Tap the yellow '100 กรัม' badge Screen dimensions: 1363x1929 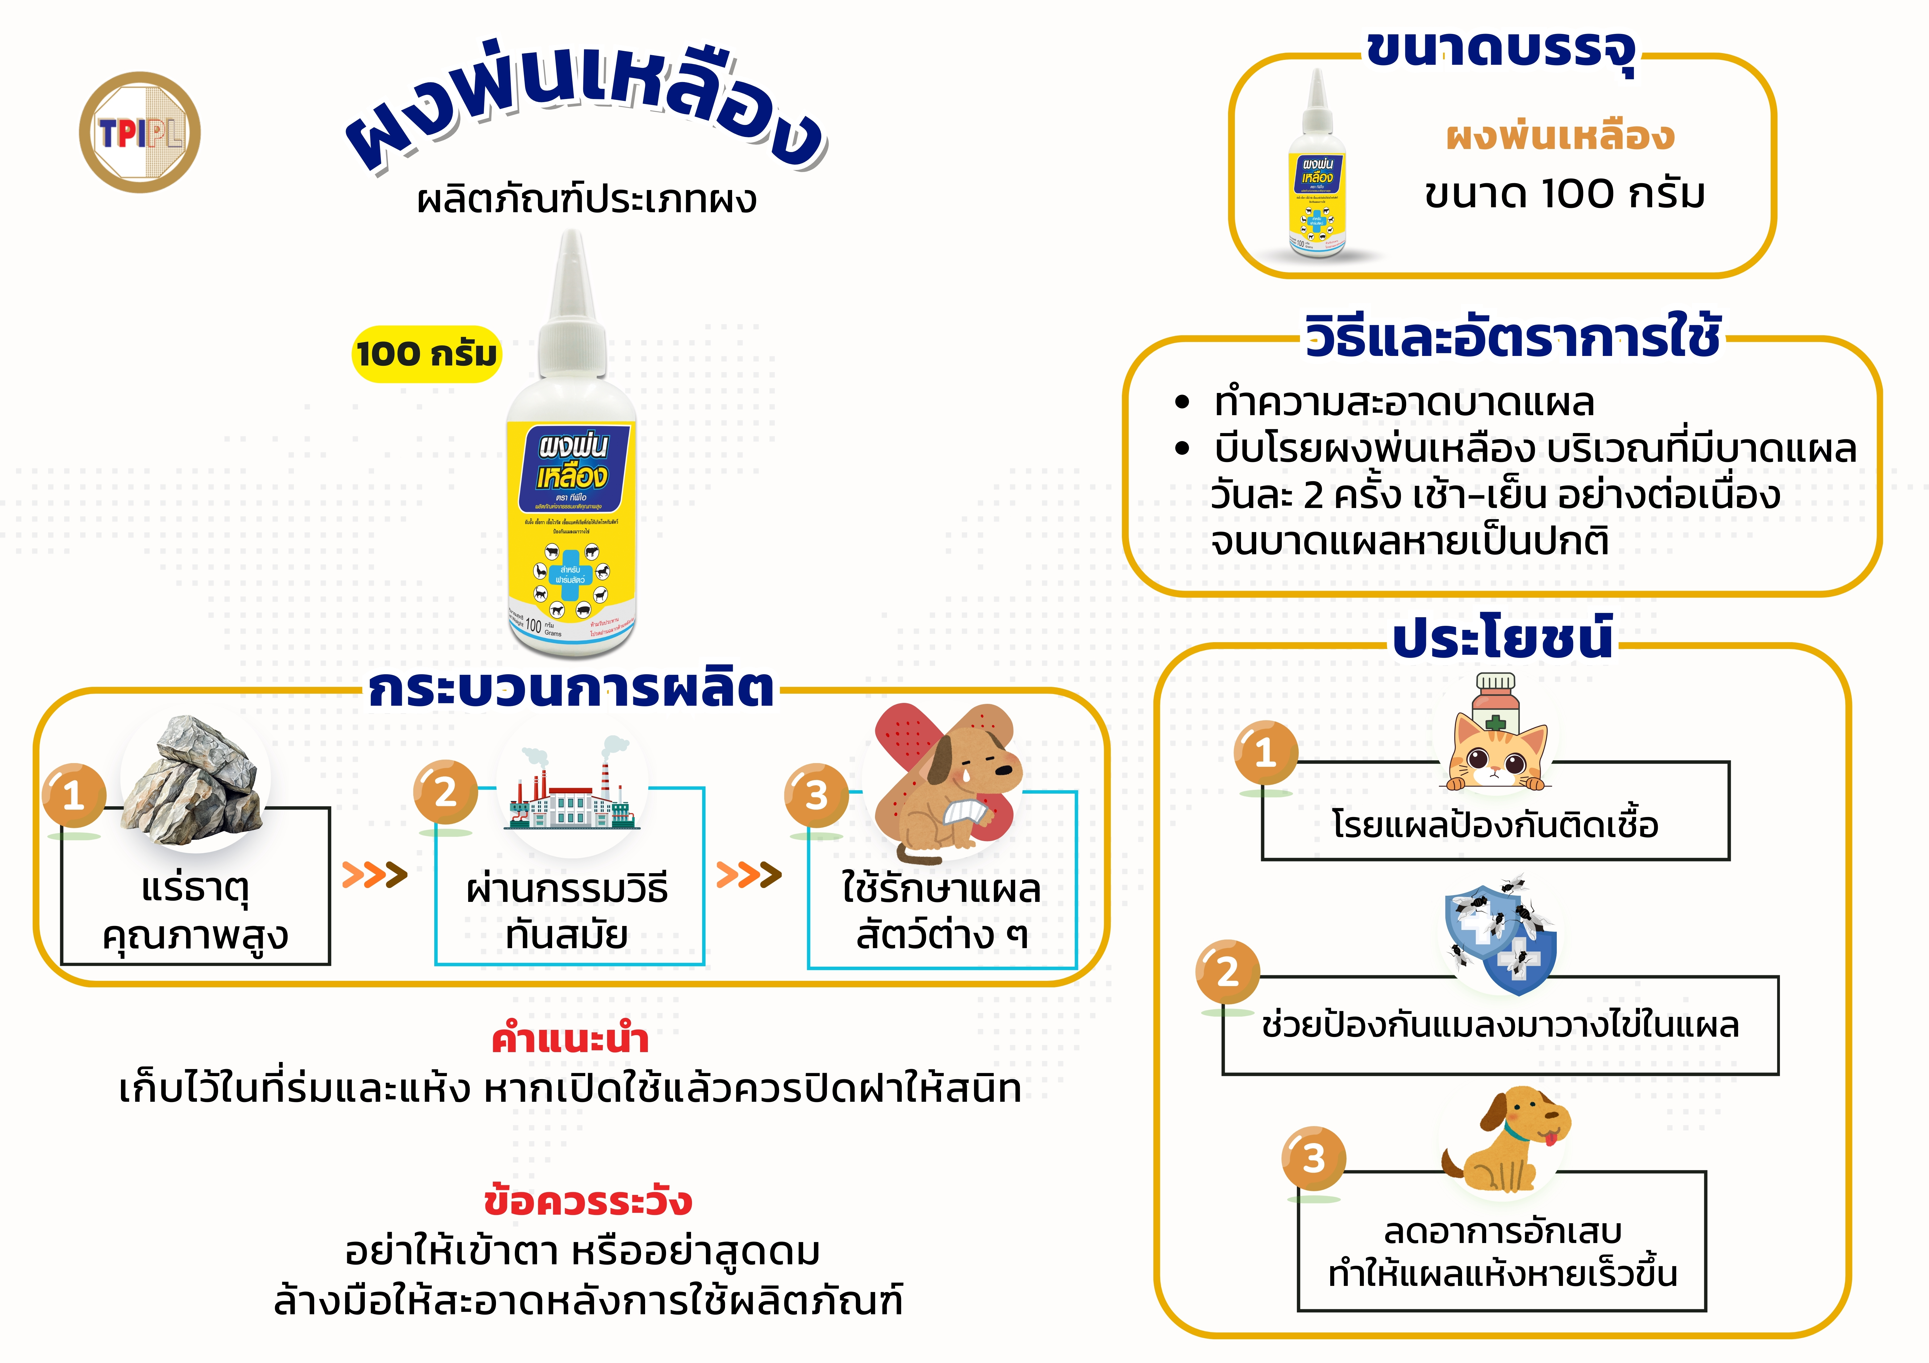point(426,353)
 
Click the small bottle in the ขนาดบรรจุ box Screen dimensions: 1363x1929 point(1317,168)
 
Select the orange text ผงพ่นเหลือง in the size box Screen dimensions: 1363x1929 point(1560,136)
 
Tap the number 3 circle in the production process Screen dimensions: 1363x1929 point(816,795)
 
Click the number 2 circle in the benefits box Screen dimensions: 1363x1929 point(1227,972)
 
